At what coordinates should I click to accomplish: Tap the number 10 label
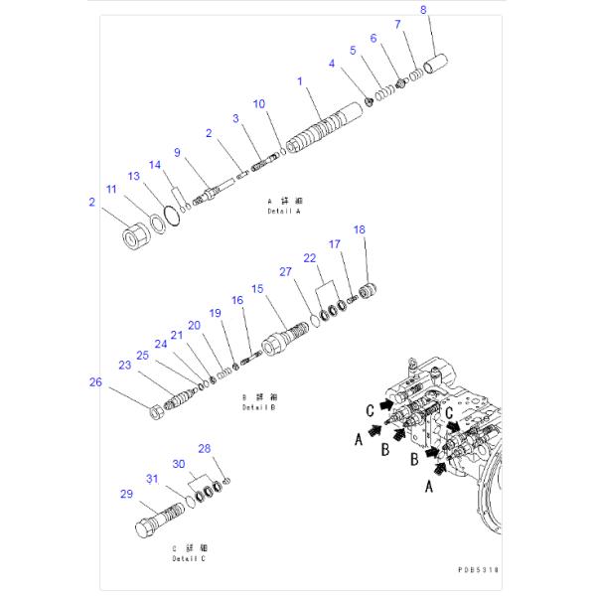(x=258, y=103)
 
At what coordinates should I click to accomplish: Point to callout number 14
(x=154, y=165)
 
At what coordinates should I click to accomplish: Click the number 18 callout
(x=360, y=229)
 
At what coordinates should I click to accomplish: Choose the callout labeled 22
(x=310, y=257)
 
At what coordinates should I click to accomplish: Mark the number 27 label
(x=284, y=271)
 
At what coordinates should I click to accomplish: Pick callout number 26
(x=94, y=380)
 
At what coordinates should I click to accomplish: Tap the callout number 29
(x=126, y=494)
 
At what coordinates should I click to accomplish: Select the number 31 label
(x=153, y=480)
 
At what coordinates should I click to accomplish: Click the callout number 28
(x=205, y=448)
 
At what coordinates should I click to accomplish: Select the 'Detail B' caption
(x=258, y=407)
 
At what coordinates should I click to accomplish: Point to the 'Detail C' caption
(x=189, y=556)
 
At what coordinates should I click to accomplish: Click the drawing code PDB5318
(x=479, y=570)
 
